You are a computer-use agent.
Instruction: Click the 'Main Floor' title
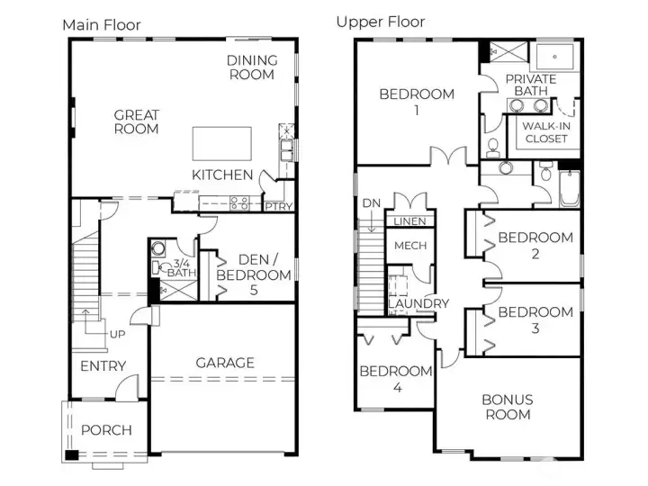(101, 24)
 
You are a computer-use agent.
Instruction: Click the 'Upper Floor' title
(381, 22)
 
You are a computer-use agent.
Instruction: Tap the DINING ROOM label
(251, 67)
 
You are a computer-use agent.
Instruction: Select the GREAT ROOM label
(136, 121)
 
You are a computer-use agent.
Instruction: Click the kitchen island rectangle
(220, 143)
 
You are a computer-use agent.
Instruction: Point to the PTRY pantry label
(278, 205)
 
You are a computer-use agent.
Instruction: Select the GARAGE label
(224, 363)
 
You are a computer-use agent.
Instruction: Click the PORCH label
(106, 429)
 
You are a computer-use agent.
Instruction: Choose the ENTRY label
(103, 365)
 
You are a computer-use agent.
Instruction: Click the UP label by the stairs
(118, 334)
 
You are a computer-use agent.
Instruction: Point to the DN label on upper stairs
(372, 203)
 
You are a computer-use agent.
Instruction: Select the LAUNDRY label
(418, 303)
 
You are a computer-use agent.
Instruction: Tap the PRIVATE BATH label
(530, 85)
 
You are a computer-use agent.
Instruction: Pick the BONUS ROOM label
(507, 407)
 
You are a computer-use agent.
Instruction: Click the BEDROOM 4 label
(395, 379)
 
